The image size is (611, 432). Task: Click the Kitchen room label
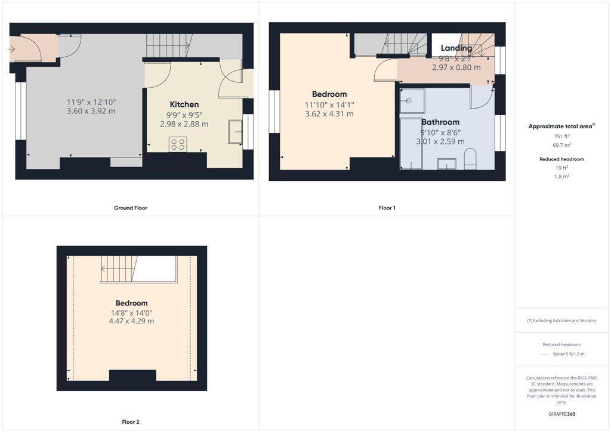[x=184, y=104]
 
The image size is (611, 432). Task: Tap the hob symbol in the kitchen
[x=178, y=144]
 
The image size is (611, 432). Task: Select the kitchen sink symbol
[x=235, y=131]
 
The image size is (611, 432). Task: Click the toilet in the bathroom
[x=470, y=159]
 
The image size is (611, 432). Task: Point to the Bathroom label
[x=440, y=122]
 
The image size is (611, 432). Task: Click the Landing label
[x=456, y=48]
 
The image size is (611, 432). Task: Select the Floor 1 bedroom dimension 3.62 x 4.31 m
[x=329, y=114]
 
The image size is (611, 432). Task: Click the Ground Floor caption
[x=131, y=208]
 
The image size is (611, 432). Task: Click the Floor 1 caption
[x=387, y=208]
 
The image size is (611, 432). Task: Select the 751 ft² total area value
[x=561, y=137]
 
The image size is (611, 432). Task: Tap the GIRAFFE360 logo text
[x=561, y=414]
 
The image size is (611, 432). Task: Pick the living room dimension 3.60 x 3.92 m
[x=91, y=112]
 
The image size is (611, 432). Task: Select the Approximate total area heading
[x=561, y=126]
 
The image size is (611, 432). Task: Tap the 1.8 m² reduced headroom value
[x=561, y=177]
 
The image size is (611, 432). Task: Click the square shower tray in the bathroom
[x=412, y=101]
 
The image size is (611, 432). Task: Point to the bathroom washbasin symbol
[x=446, y=163]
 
